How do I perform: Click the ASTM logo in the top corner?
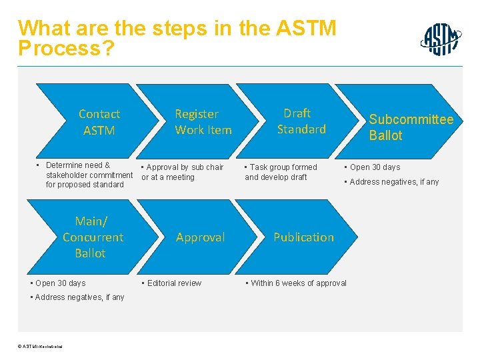tap(441, 39)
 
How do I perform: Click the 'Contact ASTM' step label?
tap(99, 122)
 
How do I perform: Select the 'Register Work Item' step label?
tap(203, 122)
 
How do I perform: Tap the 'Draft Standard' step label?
tap(301, 121)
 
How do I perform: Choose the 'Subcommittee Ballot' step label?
tap(411, 127)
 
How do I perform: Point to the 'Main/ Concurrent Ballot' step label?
tap(93, 237)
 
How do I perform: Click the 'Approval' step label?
tap(200, 237)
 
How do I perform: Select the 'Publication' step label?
tap(303, 237)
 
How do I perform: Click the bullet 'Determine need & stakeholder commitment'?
tap(85, 175)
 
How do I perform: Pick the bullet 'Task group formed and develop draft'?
tap(281, 172)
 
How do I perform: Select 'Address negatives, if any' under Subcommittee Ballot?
tap(394, 182)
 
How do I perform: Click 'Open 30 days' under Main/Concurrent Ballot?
tap(60, 283)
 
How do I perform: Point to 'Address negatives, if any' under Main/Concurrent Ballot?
tap(79, 297)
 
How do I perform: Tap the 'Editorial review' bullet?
tap(173, 283)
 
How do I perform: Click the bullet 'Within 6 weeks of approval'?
tap(298, 283)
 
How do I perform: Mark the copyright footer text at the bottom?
tap(42, 346)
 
